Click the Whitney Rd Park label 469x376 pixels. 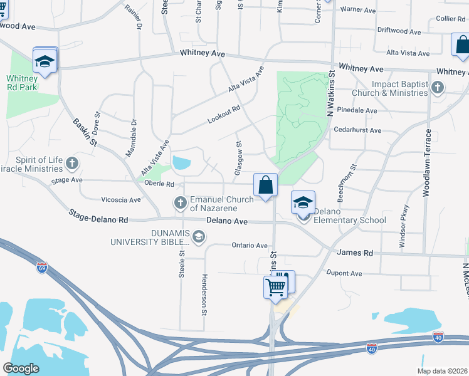(23, 83)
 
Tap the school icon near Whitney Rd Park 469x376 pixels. (45, 61)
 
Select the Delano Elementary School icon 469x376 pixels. (303, 204)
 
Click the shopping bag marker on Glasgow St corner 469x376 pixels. (265, 185)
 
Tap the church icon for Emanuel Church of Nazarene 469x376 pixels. (181, 202)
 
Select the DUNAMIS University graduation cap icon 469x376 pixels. (199, 236)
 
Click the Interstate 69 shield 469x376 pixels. (42, 266)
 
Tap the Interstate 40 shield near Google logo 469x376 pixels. (371, 349)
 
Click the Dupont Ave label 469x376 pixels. (344, 273)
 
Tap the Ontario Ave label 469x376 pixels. (250, 246)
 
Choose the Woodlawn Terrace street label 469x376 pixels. (428, 163)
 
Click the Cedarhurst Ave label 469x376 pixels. (357, 130)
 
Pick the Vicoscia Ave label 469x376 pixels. (121, 200)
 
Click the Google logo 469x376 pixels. (21, 368)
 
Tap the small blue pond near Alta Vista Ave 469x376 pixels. (181, 164)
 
